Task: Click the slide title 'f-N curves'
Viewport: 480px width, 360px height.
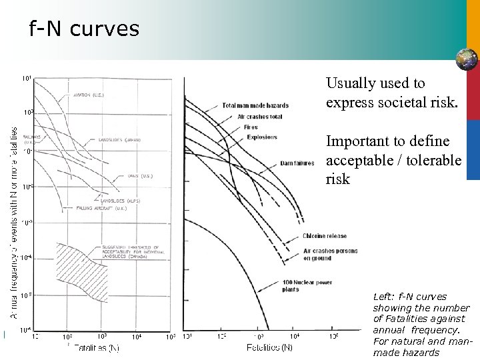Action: (84, 29)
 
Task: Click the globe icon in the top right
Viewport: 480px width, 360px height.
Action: (466, 59)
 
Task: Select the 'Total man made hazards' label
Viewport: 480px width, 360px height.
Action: (255, 106)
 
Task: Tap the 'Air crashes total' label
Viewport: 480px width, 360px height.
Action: (260, 117)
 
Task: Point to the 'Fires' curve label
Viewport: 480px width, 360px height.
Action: (250, 127)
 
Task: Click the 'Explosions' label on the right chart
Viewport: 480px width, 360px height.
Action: (261, 137)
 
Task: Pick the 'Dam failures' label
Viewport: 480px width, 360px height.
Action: (293, 163)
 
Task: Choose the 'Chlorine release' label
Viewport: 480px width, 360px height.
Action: (324, 236)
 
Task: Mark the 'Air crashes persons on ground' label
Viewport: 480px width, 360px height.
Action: (330, 255)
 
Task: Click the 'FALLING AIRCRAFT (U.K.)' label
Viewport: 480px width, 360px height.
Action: (110, 209)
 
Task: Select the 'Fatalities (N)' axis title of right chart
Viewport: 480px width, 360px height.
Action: (269, 347)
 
